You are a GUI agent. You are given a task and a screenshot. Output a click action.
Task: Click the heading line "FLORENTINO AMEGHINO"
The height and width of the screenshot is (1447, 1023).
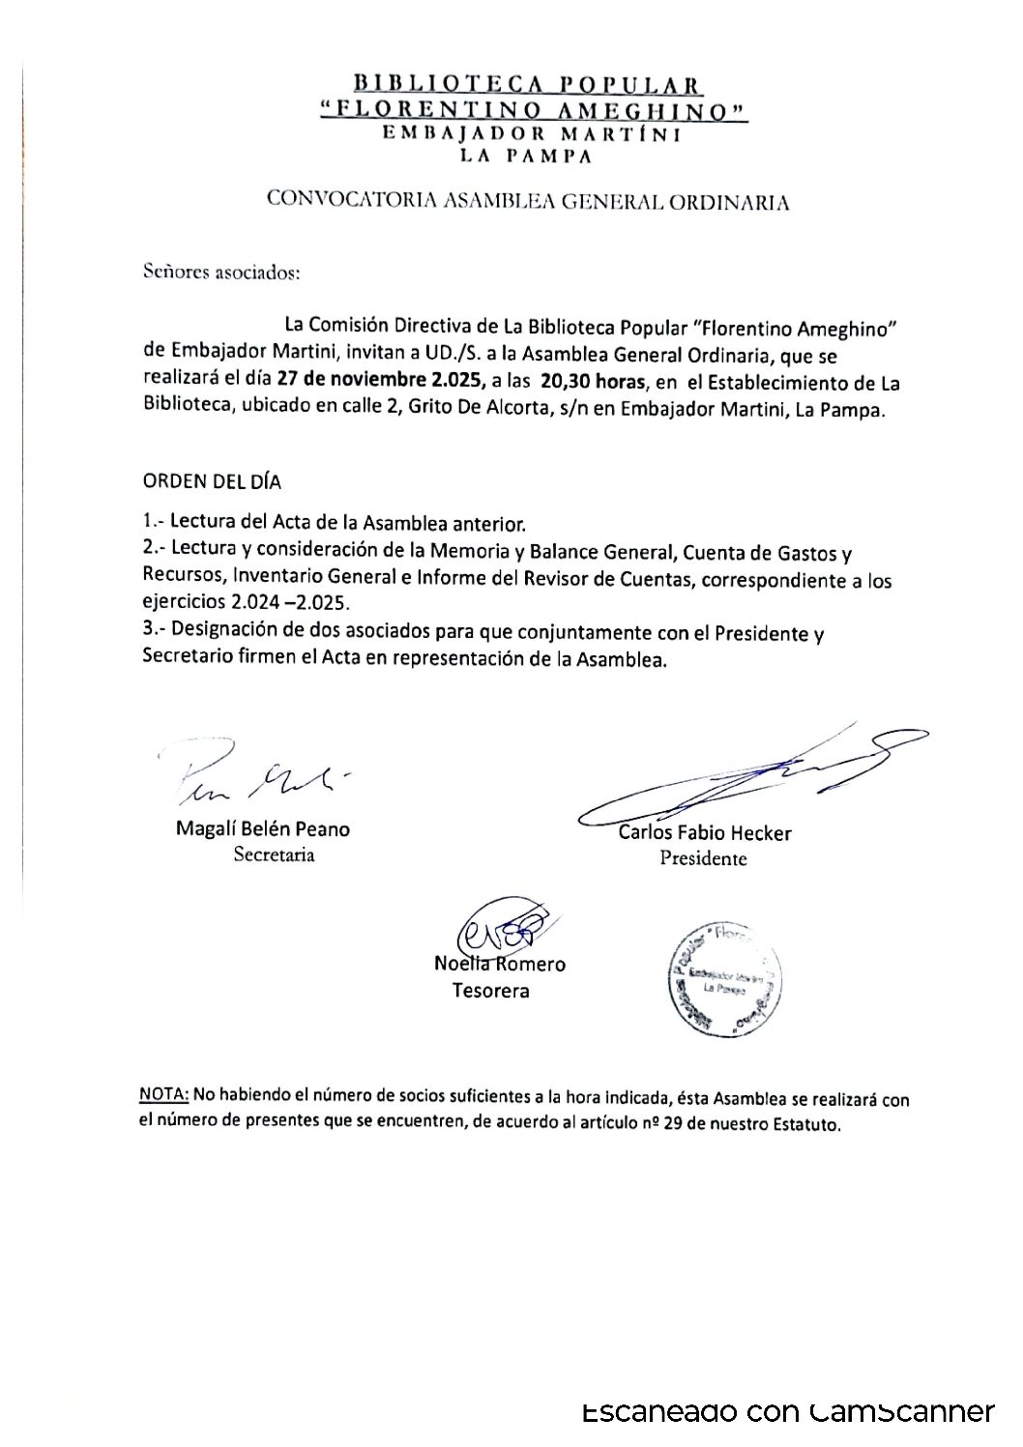[535, 111]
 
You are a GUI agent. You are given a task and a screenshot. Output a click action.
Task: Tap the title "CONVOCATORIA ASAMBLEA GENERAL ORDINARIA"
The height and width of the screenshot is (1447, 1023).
[528, 202]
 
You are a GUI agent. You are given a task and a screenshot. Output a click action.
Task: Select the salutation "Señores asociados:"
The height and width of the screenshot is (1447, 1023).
[221, 272]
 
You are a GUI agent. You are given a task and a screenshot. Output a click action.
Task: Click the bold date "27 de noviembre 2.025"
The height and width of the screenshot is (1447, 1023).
[379, 379]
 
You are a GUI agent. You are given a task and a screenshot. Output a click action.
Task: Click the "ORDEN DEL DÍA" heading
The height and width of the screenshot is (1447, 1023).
[213, 480]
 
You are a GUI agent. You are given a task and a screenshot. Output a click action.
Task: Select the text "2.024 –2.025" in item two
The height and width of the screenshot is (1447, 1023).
[292, 602]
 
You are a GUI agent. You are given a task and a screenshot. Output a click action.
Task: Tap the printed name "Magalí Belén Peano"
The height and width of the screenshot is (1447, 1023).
[263, 829]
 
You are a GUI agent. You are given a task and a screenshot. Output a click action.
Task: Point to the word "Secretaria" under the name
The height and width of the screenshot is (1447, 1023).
[274, 854]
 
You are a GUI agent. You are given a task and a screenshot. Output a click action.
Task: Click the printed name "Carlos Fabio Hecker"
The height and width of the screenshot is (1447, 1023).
[704, 833]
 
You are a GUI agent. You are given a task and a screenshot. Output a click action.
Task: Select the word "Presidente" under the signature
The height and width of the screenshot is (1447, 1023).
[703, 858]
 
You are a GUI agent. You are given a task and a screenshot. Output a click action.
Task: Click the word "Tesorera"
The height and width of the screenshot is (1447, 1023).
[490, 991]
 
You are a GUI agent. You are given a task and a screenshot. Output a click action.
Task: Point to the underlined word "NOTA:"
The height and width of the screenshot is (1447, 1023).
[165, 1096]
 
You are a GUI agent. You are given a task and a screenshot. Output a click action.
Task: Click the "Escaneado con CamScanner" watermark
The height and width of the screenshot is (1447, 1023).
[788, 1412]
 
